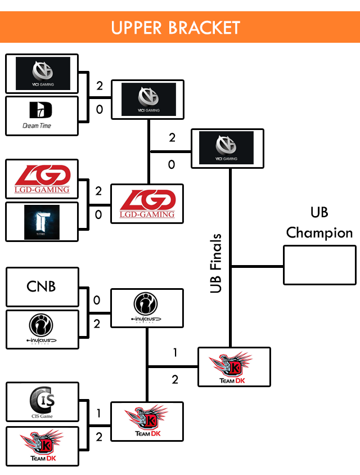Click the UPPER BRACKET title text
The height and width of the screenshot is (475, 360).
point(175,27)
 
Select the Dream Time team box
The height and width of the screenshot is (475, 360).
point(42,115)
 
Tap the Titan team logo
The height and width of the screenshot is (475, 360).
point(42,222)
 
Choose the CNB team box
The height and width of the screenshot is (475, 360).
point(42,286)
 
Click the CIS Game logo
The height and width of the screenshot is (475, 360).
point(42,402)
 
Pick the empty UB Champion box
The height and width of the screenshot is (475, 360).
point(319,265)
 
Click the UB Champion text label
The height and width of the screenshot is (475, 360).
point(319,223)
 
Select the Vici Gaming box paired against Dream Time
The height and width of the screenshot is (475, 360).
point(42,74)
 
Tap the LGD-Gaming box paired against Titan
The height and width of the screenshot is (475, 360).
point(42,180)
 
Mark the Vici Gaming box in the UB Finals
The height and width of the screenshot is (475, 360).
point(227,148)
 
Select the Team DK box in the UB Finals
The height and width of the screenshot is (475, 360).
point(234,366)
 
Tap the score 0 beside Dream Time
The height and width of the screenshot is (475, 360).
point(100,110)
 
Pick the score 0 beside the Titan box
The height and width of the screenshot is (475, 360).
point(99,215)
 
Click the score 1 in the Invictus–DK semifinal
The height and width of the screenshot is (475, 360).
point(175,353)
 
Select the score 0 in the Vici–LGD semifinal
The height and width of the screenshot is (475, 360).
point(172,164)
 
